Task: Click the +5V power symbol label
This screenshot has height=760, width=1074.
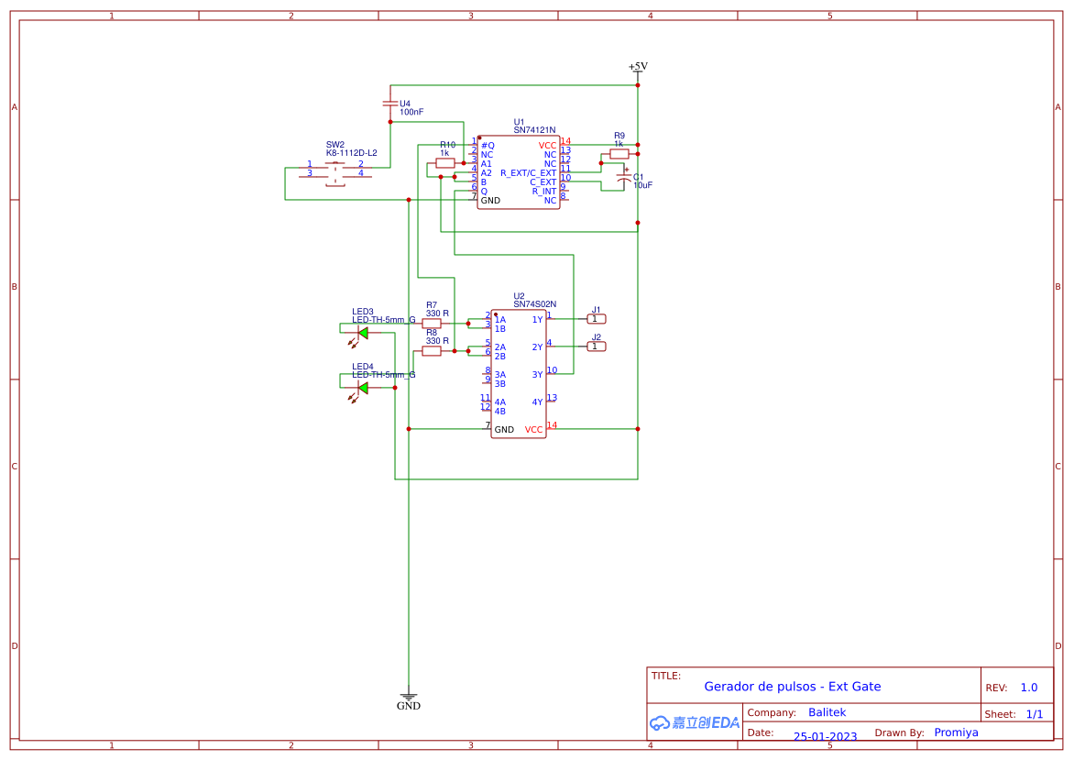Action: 638,66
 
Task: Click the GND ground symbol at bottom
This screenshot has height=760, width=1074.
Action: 409,699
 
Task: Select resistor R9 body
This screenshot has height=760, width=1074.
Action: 619,154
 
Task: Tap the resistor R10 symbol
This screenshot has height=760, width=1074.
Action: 445,163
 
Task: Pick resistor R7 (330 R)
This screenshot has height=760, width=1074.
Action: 432,323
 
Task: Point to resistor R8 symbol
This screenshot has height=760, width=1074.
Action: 432,351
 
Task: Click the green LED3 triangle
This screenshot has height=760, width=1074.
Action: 363,333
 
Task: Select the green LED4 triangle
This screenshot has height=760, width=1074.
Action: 363,388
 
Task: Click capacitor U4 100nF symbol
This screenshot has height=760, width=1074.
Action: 389,104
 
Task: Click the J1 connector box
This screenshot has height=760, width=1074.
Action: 596,319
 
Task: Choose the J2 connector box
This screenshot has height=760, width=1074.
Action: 596,347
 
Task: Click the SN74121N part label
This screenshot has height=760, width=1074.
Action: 534,130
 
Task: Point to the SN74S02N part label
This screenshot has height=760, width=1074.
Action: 534,304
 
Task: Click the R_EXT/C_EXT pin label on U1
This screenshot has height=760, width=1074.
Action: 528,172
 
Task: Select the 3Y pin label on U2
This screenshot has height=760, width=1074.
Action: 537,374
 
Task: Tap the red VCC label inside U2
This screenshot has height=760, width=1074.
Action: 533,429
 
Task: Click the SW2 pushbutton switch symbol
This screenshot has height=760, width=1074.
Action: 336,172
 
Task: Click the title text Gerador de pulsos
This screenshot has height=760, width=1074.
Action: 792,687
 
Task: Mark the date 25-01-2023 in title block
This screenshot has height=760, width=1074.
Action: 825,736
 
